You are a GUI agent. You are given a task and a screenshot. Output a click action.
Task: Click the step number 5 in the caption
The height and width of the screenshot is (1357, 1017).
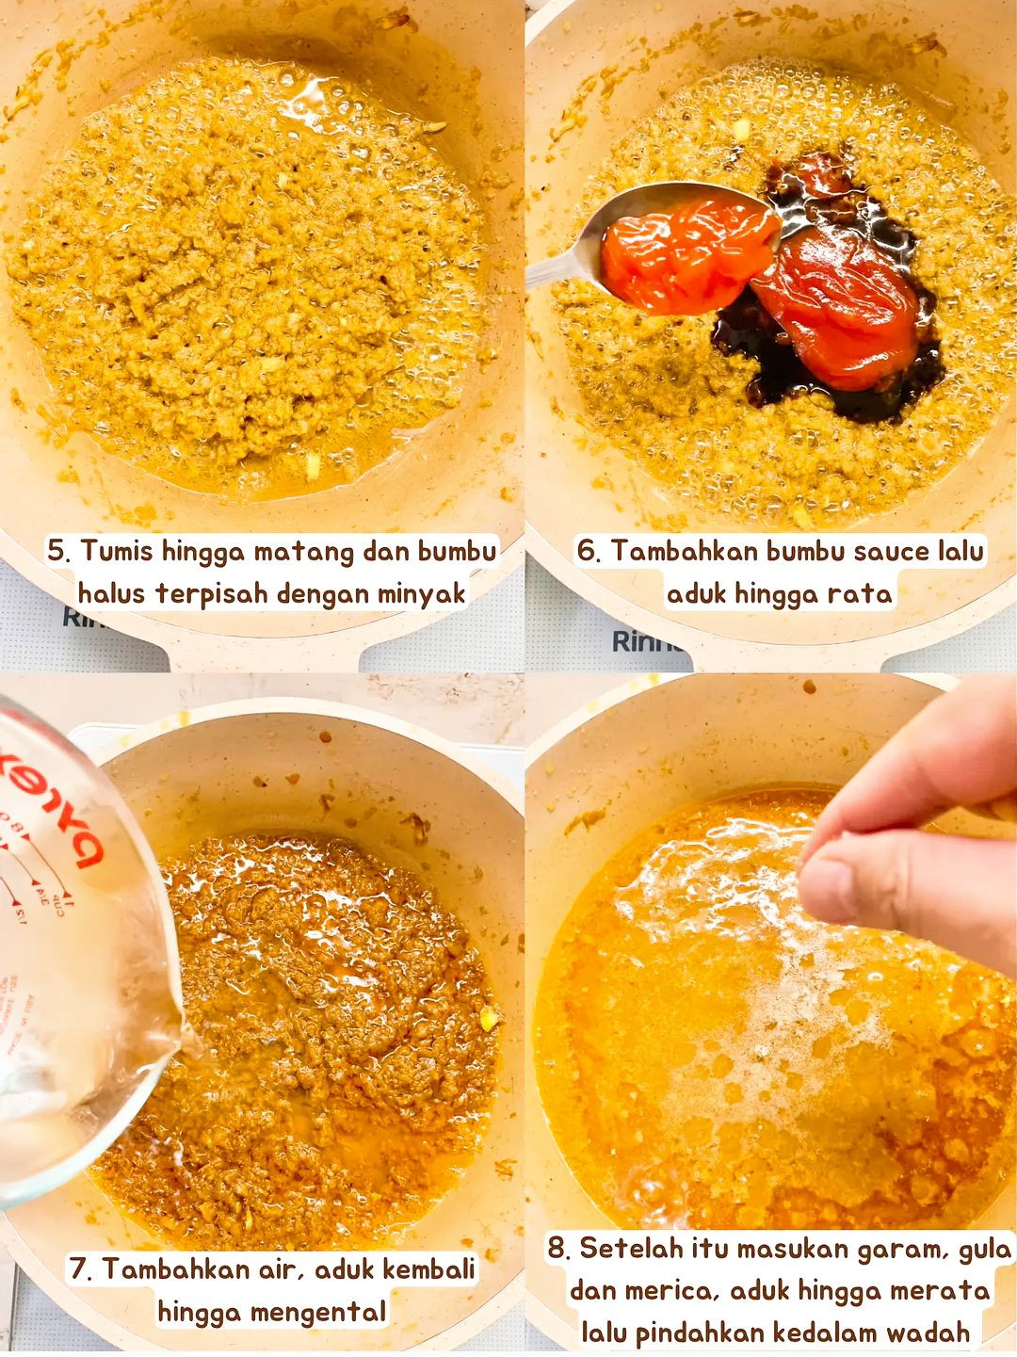point(57,551)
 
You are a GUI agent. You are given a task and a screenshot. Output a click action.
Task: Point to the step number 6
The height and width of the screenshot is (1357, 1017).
point(588,551)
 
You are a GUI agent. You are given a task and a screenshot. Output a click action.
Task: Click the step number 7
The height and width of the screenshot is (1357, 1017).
point(80,1268)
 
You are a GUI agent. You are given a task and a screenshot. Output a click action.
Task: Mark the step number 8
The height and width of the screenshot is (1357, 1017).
point(558,1249)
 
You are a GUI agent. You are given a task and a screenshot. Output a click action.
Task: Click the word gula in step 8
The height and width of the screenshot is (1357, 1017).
point(984,1249)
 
